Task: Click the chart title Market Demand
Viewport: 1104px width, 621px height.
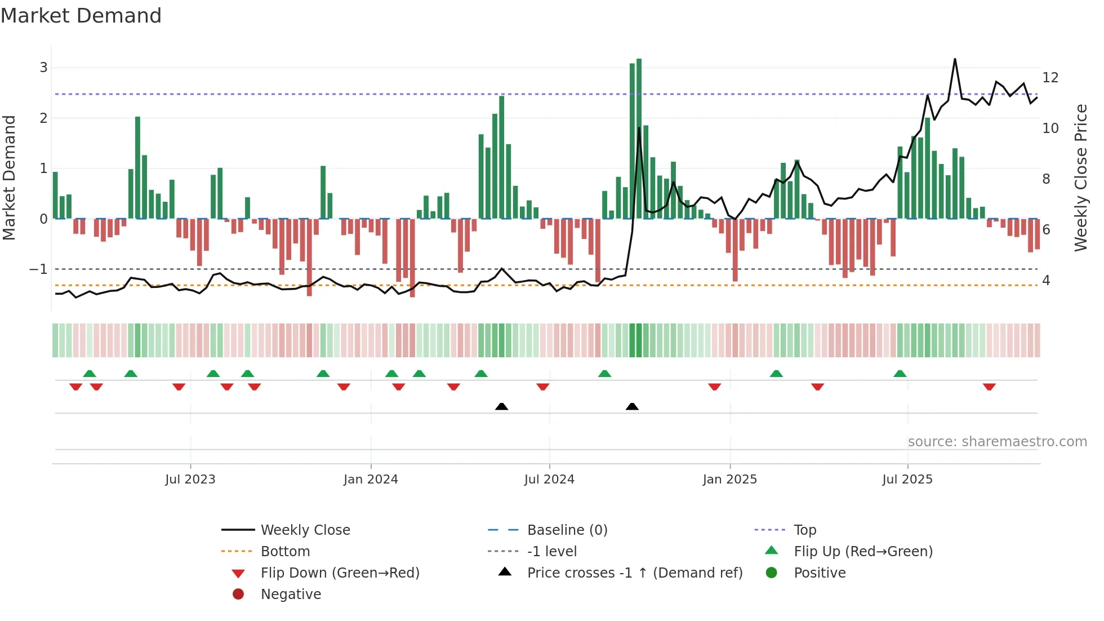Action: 81,16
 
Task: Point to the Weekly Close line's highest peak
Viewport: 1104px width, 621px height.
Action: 955,60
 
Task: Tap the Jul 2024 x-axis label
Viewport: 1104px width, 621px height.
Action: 549,480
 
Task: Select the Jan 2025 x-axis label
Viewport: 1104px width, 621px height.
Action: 729,480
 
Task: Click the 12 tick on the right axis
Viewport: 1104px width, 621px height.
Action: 1050,78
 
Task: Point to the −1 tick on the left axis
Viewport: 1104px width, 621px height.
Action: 38,269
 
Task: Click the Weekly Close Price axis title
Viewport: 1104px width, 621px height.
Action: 1080,178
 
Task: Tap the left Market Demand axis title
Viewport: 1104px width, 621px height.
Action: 10,178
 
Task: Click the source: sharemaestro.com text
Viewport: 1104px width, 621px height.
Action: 997,442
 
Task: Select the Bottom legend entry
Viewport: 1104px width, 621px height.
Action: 285,552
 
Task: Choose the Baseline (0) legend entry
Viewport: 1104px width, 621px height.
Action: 567,530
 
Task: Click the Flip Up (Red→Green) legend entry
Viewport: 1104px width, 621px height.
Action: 863,552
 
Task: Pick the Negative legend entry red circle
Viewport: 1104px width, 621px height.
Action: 238,595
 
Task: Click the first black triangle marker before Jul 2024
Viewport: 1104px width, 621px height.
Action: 501,406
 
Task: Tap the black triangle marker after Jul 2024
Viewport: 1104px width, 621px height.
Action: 632,406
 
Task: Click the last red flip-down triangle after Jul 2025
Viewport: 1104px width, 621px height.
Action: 989,387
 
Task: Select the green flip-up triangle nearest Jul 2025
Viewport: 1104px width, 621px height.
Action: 900,374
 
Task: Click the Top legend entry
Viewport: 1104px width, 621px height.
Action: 804,530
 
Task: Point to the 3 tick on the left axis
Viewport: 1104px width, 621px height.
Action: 43,68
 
